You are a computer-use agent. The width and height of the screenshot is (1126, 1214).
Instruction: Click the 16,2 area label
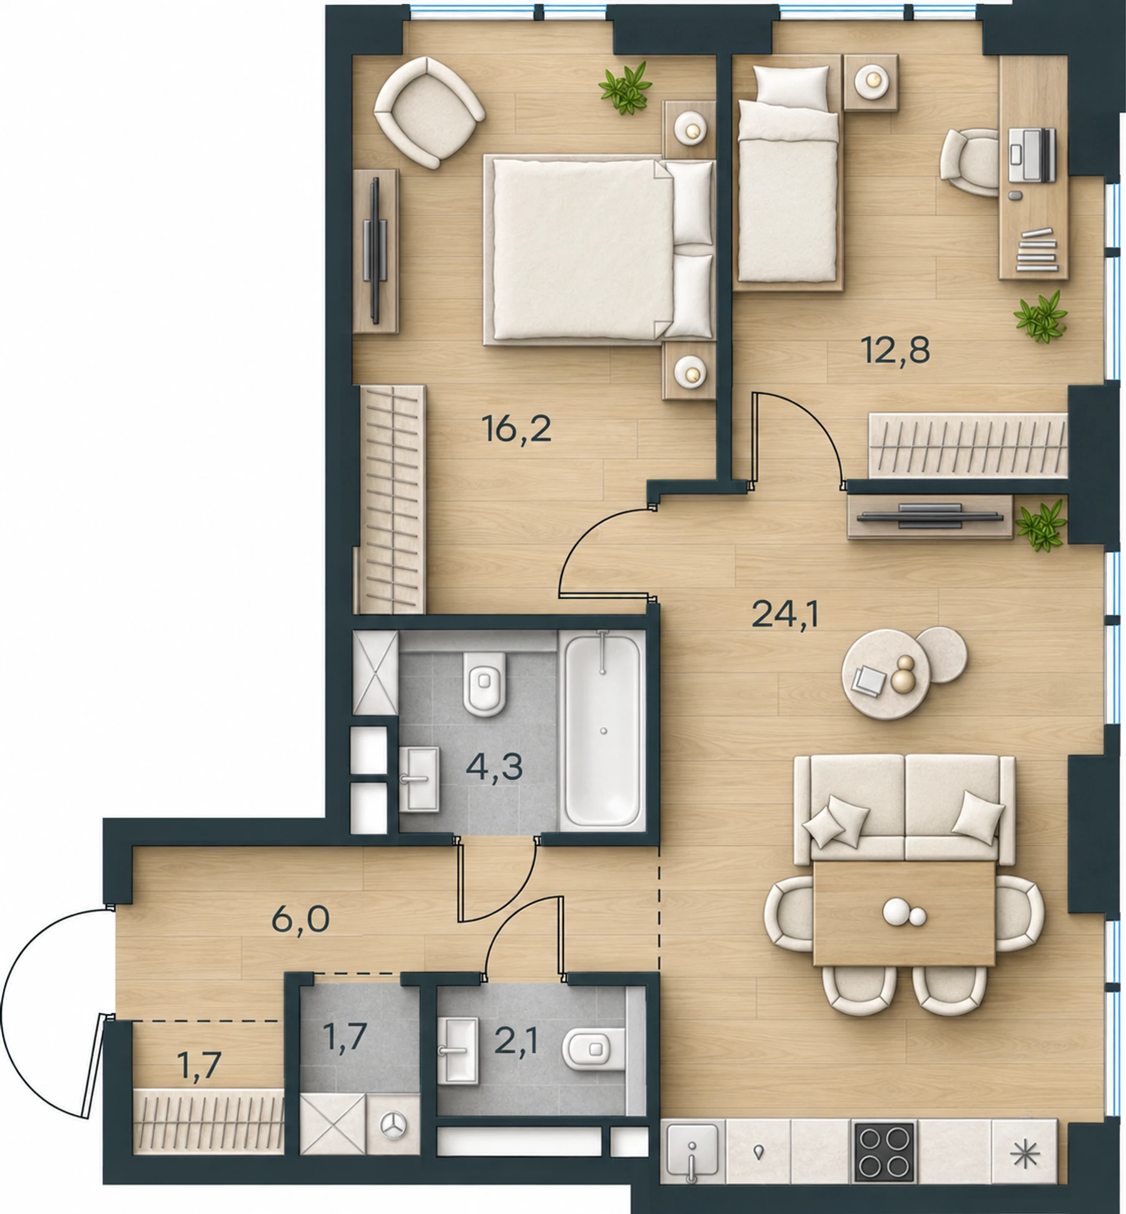[x=517, y=430]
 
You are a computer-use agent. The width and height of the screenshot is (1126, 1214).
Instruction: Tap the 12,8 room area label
[x=896, y=351]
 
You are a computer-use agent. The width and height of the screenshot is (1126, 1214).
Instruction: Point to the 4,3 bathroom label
[x=494, y=767]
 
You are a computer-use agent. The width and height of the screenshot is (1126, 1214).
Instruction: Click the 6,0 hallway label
[x=300, y=921]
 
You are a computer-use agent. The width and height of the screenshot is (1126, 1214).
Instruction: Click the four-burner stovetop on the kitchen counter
[x=883, y=1150]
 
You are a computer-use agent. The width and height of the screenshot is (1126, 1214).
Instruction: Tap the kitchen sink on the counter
[x=692, y=1150]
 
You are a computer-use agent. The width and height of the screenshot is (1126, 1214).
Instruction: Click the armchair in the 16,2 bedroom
[x=429, y=113]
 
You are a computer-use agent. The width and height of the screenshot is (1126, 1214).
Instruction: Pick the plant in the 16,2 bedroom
[x=625, y=88]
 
